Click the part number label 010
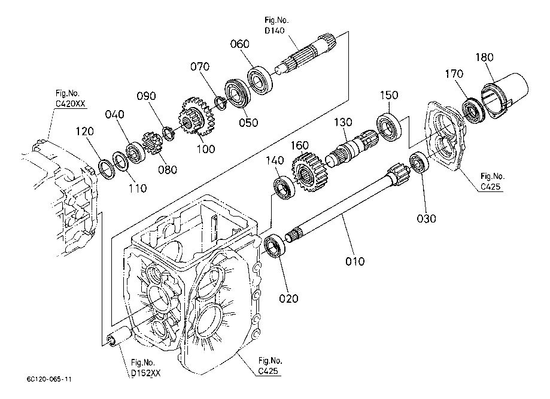pyautogui.click(x=355, y=261)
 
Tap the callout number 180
pyautogui.click(x=484, y=57)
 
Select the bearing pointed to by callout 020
pyautogui.click(x=275, y=247)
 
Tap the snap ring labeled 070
pyautogui.click(x=221, y=103)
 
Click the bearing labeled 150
pyautogui.click(x=390, y=127)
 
